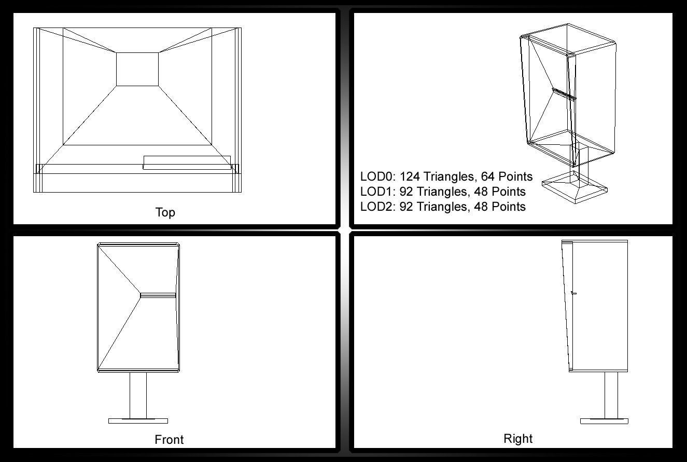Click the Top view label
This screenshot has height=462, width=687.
click(165, 212)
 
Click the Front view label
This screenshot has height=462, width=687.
click(169, 440)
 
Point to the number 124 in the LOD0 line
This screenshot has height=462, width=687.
click(410, 176)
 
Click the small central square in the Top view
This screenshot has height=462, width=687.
click(137, 70)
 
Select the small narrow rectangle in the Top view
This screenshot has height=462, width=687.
click(187, 162)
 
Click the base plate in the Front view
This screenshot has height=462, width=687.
click(138, 420)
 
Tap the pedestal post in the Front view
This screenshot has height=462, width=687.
click(138, 396)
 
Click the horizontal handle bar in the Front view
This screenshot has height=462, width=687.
click(158, 295)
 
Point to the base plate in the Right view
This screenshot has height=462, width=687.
click(604, 421)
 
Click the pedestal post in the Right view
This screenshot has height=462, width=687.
click(611, 396)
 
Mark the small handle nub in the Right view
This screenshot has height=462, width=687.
click(574, 293)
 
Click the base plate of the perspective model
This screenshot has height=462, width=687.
click(575, 187)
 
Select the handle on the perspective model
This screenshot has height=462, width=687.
click(564, 94)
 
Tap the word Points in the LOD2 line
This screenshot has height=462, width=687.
click(509, 207)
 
